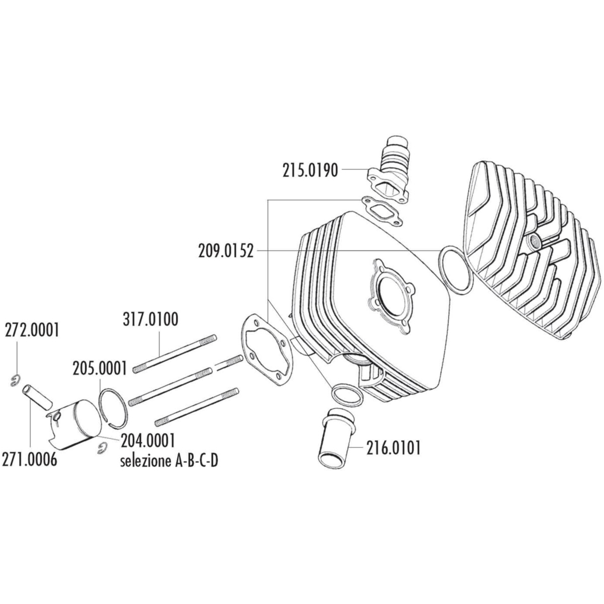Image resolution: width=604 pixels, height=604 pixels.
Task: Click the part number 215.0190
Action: pyautogui.click(x=310, y=171)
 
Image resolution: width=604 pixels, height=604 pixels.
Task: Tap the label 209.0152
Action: pyautogui.click(x=225, y=251)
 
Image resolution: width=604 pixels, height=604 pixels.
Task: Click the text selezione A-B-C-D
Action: pyautogui.click(x=169, y=461)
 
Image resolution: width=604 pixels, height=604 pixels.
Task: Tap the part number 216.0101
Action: pyautogui.click(x=393, y=448)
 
